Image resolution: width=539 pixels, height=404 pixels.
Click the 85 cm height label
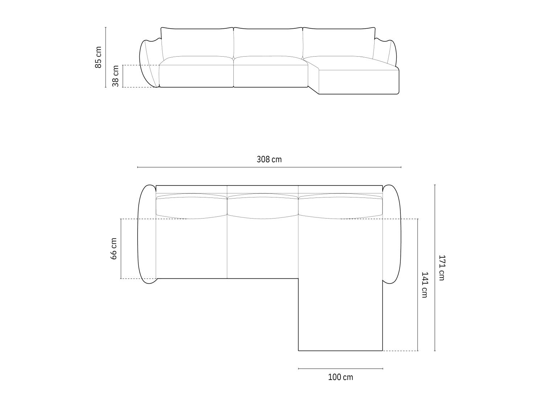point(98,57)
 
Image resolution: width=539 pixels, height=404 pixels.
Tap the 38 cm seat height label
point(115,76)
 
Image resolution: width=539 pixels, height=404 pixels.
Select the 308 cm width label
point(269,160)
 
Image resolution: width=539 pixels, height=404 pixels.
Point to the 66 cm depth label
point(114,249)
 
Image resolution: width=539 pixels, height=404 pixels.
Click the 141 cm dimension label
point(425,285)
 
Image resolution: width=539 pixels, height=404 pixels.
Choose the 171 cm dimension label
point(441,268)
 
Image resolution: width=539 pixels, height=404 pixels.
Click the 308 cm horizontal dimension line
point(269,167)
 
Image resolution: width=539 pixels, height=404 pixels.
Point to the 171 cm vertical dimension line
point(435,268)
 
